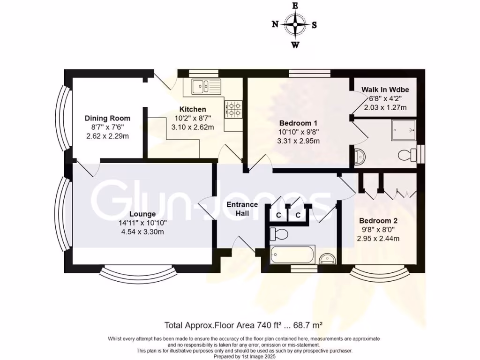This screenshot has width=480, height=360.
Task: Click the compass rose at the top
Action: coord(295,25)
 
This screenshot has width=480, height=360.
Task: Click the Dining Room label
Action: coord(107,118)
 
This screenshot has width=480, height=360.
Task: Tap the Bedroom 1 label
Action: coord(298,123)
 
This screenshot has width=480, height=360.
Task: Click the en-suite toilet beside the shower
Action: coord(406,154)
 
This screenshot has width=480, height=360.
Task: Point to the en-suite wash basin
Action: coord(360,157)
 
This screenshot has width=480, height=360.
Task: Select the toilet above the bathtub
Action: coord(280,233)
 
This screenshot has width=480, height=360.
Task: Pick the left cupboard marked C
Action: coord(278,216)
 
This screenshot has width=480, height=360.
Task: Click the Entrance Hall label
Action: coord(242,209)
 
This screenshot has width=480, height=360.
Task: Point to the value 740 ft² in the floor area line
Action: coord(270,325)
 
